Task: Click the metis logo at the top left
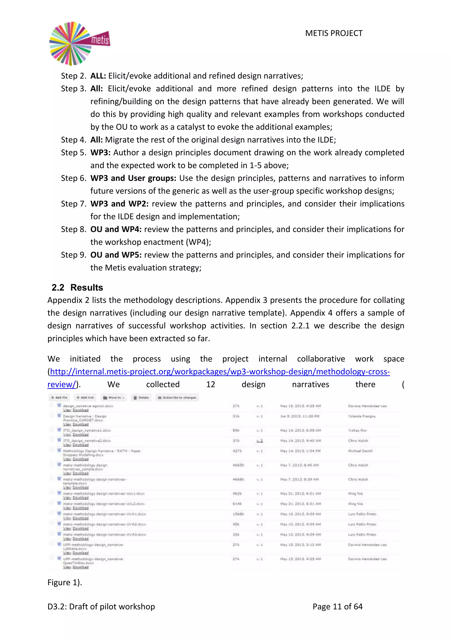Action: point(79,44)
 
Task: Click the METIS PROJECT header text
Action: point(333,33)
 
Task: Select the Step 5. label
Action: point(74,152)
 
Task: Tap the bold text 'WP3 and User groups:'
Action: point(133,178)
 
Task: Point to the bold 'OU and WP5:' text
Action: point(116,255)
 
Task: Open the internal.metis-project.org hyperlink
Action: point(220,372)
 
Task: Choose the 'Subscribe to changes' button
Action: point(177,397)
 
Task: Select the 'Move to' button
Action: point(114,397)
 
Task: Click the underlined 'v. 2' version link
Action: point(259,441)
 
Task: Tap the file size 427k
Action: point(237,451)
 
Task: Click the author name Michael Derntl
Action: point(360,451)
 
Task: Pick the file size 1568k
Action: point(238,514)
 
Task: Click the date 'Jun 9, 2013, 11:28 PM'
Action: point(299,416)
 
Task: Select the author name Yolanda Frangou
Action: point(362,416)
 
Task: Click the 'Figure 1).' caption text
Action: point(65,583)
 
